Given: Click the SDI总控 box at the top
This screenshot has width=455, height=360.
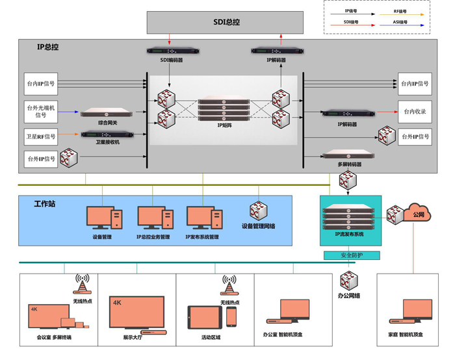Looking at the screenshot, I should (x=226, y=22).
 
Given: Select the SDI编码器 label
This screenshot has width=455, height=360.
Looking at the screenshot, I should (x=172, y=60).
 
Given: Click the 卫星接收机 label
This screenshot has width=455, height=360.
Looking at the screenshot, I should (x=107, y=142).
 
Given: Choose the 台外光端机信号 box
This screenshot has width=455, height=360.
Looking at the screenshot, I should (x=41, y=110).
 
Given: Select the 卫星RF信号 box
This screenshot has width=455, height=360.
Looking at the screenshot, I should (x=41, y=136).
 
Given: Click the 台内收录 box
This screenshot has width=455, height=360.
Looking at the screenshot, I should (x=414, y=112).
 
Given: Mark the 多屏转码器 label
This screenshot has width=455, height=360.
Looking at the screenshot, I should (x=349, y=164).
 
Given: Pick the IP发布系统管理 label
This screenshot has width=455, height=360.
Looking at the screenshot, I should (x=201, y=237).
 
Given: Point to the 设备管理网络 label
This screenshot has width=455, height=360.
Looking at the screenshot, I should (x=258, y=226).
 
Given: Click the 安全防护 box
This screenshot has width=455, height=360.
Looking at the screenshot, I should (x=352, y=255).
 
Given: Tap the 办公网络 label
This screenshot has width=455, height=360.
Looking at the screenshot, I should (x=348, y=296).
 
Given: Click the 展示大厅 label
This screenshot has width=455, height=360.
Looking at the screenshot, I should (x=136, y=337).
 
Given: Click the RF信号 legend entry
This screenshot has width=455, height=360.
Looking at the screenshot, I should (x=401, y=11).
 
